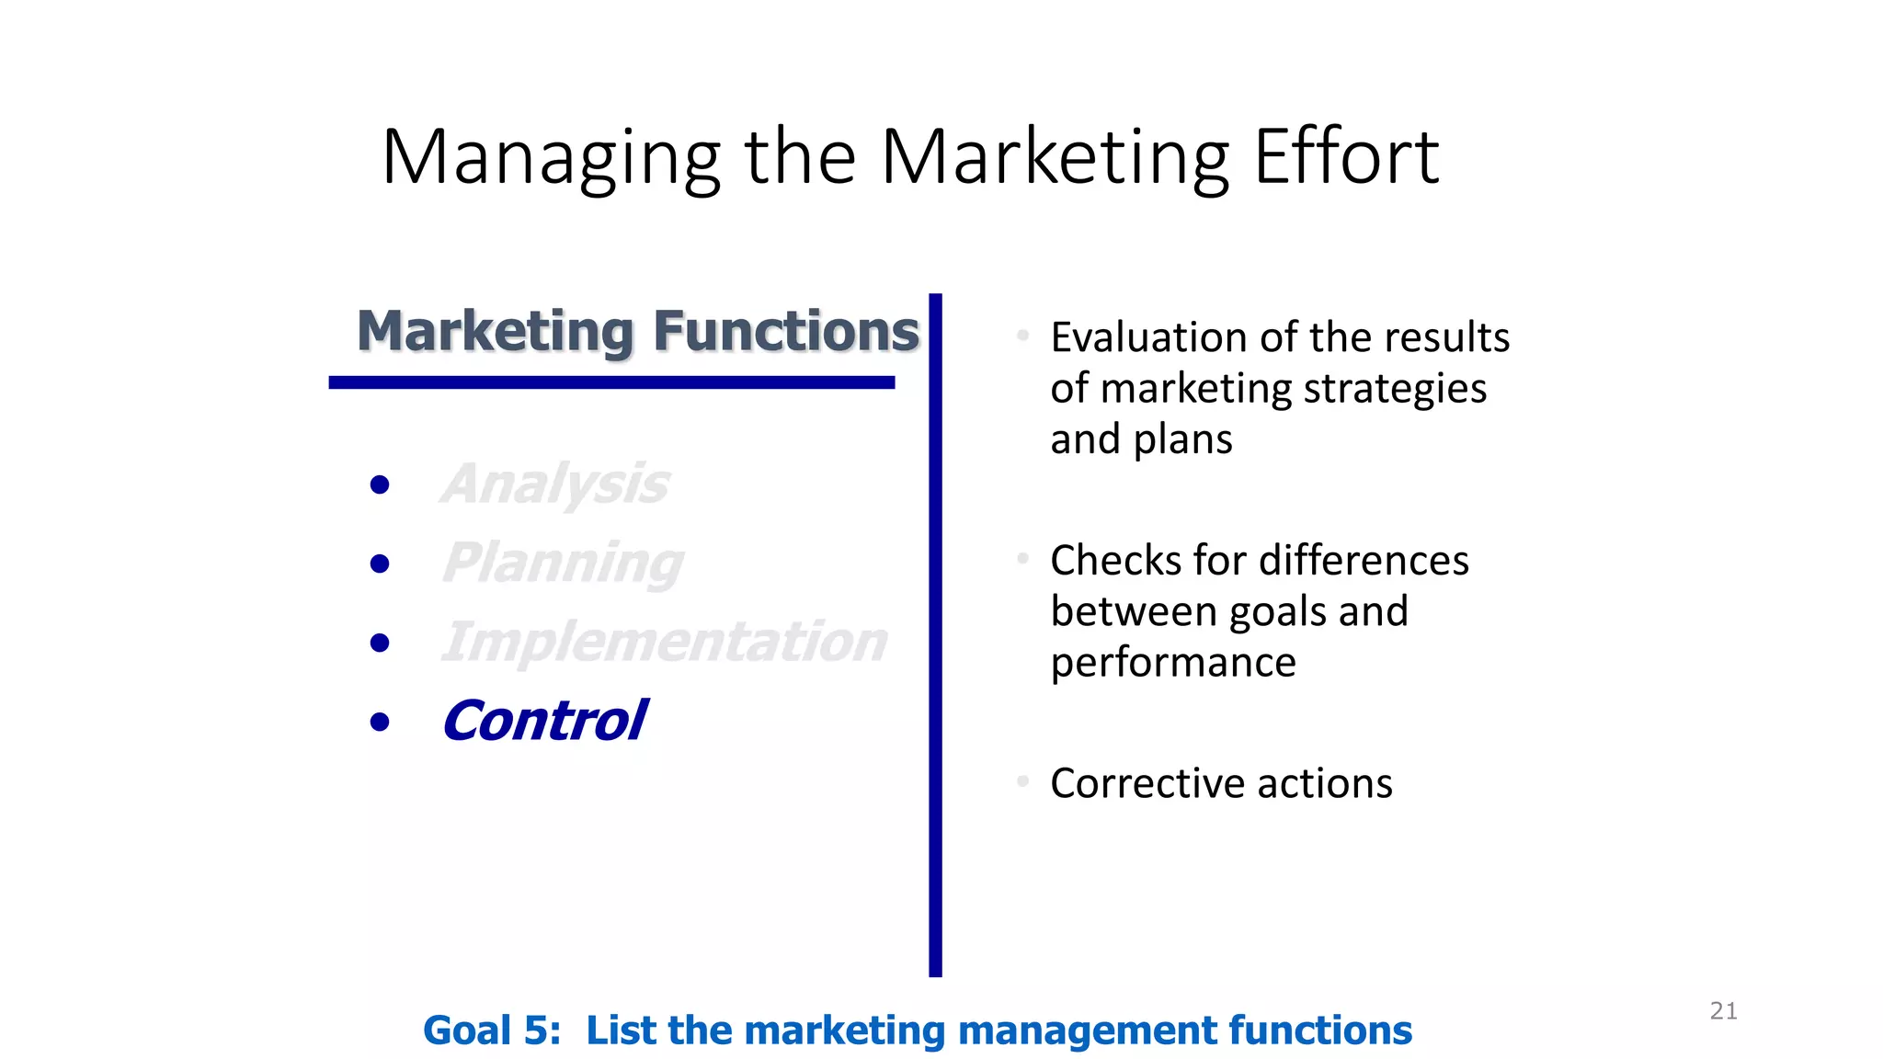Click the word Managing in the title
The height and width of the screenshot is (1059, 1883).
tap(550, 158)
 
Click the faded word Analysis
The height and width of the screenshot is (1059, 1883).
tap(555, 484)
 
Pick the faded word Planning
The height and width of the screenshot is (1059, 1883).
tap(563, 563)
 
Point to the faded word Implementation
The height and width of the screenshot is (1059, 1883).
tap(664, 642)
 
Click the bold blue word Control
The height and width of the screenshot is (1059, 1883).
tap(544, 721)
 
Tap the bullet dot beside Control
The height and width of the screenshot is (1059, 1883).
tap(379, 723)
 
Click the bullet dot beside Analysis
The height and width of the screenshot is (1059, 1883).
tap(379, 484)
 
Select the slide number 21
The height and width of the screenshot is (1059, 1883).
tap(1723, 1011)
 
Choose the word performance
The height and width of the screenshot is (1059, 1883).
tap(1173, 663)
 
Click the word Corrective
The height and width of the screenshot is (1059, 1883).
tap(1147, 783)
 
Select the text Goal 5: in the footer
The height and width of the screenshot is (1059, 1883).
tap(492, 1031)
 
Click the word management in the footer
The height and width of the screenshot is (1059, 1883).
tap(1087, 1031)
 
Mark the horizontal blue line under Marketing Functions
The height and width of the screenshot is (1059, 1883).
tap(611, 382)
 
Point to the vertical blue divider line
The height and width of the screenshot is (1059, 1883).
tap(935, 634)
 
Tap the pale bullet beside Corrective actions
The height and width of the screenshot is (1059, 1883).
tap(1022, 781)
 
